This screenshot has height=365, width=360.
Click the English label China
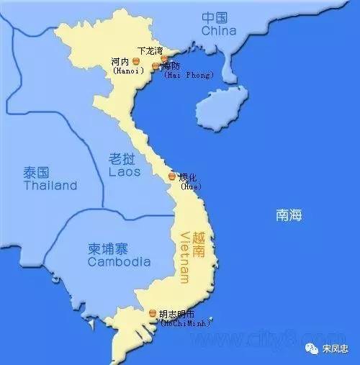pyautogui.click(x=219, y=31)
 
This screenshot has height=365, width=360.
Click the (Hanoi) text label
pyautogui.click(x=127, y=71)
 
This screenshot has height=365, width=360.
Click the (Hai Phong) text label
pyautogui.click(x=188, y=74)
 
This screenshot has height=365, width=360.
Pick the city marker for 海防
pyautogui.click(x=156, y=66)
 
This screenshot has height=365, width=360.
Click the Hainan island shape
pyautogui.click(x=220, y=108)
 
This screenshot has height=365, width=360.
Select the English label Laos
pyautogui.click(x=125, y=172)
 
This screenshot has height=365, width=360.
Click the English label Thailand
pyautogui.click(x=50, y=186)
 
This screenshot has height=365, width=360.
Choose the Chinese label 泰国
pyautogui.click(x=35, y=173)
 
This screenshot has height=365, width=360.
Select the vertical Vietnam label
pyautogui.click(x=185, y=256)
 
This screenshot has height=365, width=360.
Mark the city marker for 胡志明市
pyautogui.click(x=152, y=313)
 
